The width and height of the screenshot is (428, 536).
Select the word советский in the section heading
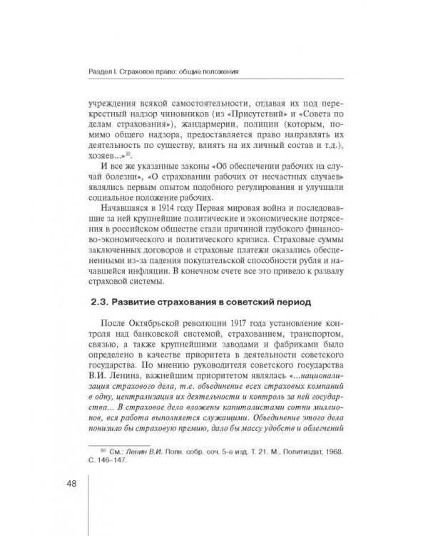tap(277, 302)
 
